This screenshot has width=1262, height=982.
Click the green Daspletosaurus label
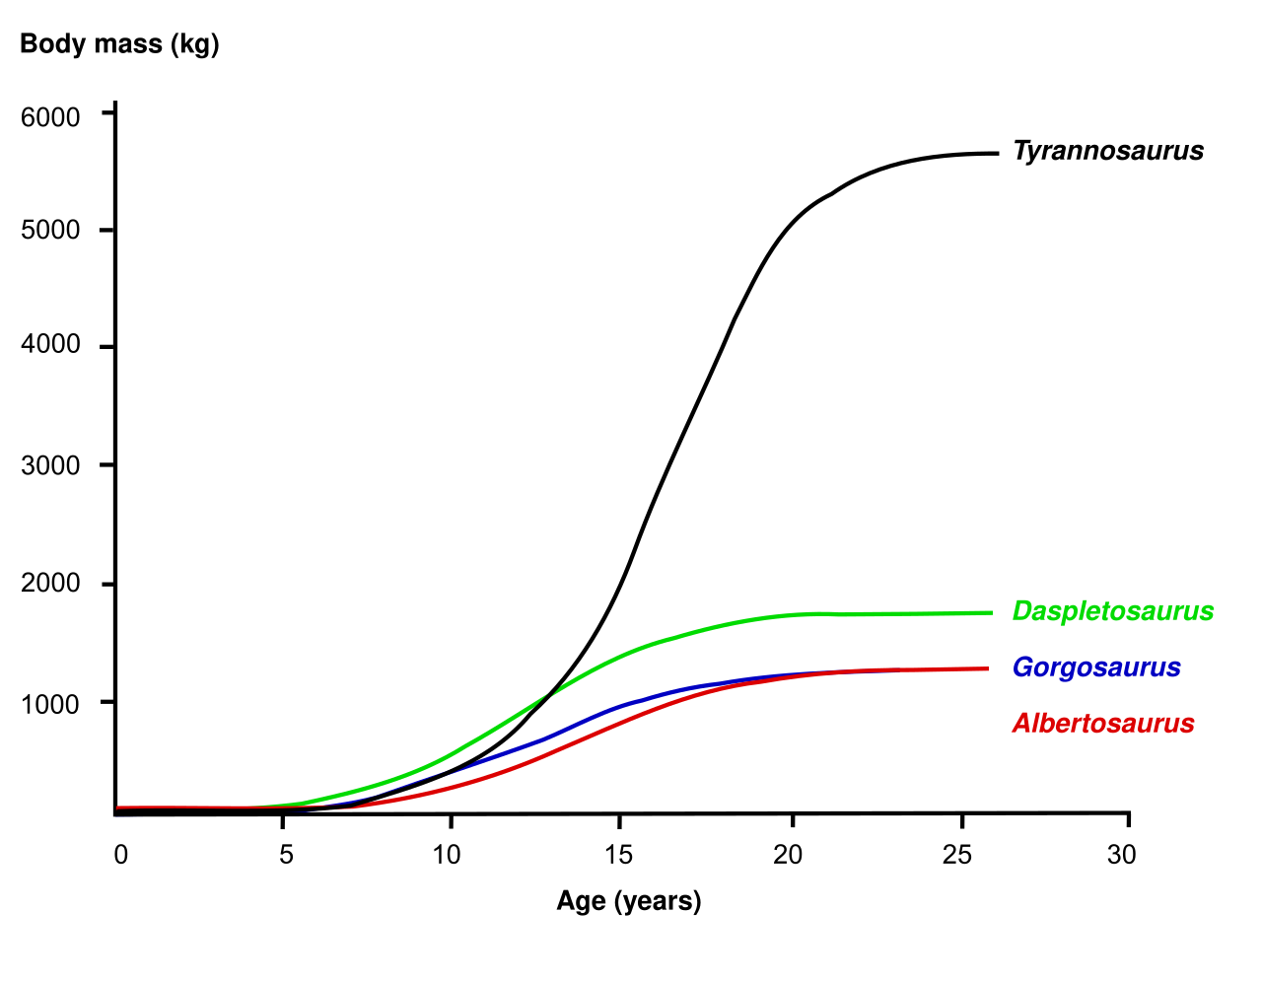click(x=1113, y=611)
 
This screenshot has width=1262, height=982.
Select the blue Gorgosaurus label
click(x=1096, y=667)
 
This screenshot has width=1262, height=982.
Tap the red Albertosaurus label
click(x=1103, y=724)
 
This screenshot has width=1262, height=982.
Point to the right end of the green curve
click(x=991, y=612)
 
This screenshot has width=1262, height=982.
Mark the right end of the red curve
click(x=987, y=668)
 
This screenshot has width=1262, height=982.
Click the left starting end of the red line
click(x=118, y=807)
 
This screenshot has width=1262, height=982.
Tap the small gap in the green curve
click(x=553, y=691)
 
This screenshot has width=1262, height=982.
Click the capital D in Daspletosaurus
click(x=1022, y=611)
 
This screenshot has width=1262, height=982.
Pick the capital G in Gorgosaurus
click(x=1022, y=667)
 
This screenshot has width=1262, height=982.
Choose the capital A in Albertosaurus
click(x=1021, y=724)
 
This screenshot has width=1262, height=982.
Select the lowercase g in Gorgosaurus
click(x=1069, y=670)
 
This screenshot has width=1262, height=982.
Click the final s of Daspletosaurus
click(x=1208, y=612)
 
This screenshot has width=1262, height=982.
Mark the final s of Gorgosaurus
click(x=1174, y=668)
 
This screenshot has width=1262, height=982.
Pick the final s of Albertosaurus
click(x=1188, y=725)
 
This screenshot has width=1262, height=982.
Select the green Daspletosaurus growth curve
click(x=690, y=632)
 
